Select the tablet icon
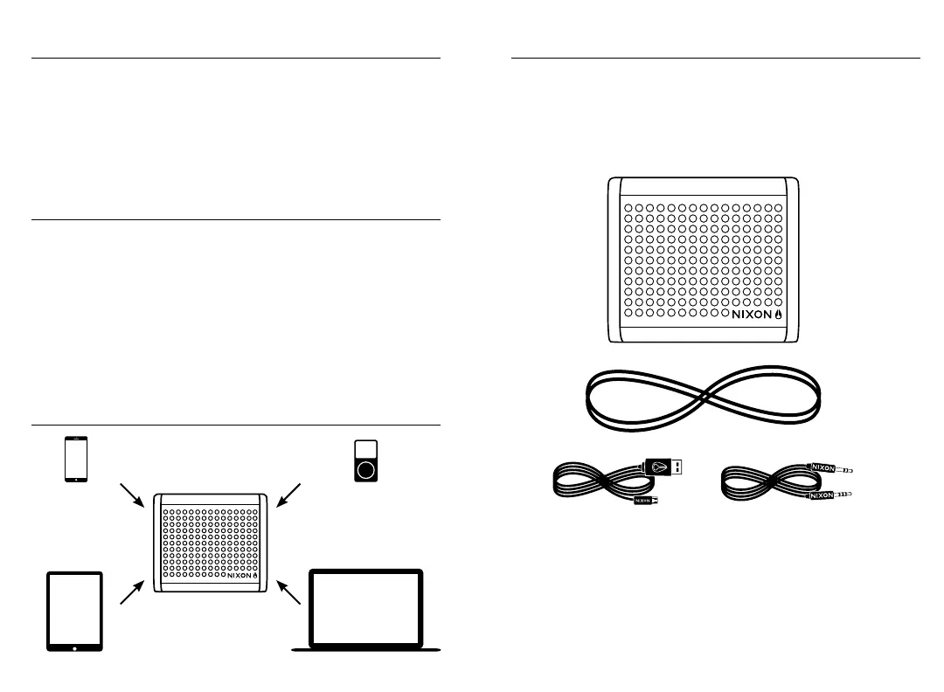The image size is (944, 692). click(74, 611)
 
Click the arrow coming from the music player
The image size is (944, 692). click(288, 494)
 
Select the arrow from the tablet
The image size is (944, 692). click(132, 592)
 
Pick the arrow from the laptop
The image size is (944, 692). click(289, 592)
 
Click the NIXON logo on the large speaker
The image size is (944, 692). click(757, 312)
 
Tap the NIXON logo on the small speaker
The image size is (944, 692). click(243, 575)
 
